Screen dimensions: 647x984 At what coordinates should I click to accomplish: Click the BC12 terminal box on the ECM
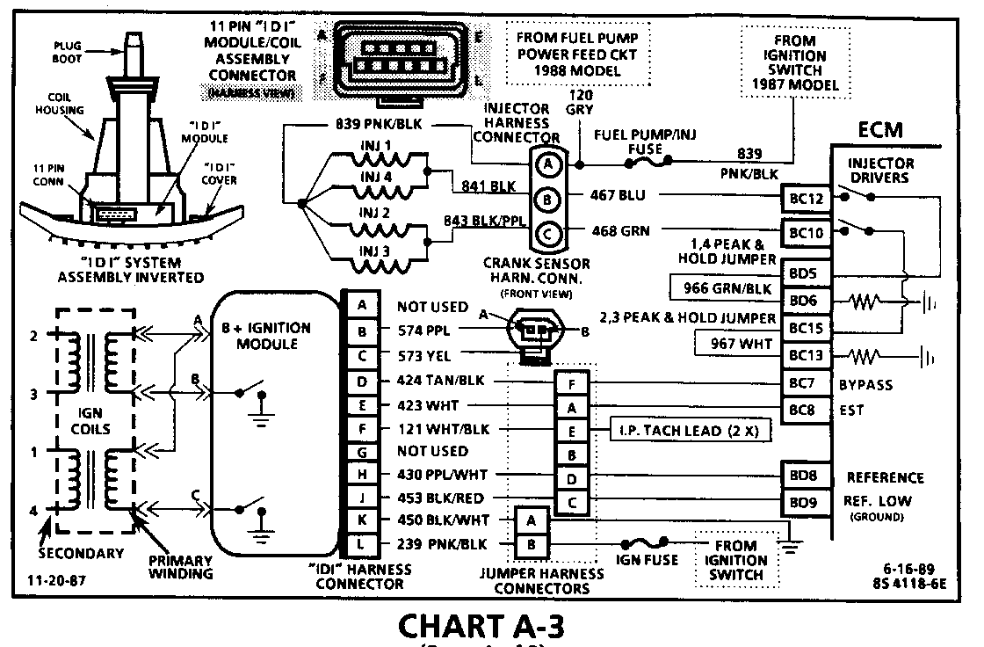click(x=806, y=199)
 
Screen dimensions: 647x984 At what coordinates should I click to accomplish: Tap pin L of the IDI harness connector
click(x=363, y=543)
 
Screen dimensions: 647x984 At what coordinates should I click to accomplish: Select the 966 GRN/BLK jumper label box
click(x=721, y=287)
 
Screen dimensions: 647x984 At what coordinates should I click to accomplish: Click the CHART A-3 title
click(x=481, y=628)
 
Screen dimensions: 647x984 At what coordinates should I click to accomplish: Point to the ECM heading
click(x=881, y=130)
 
